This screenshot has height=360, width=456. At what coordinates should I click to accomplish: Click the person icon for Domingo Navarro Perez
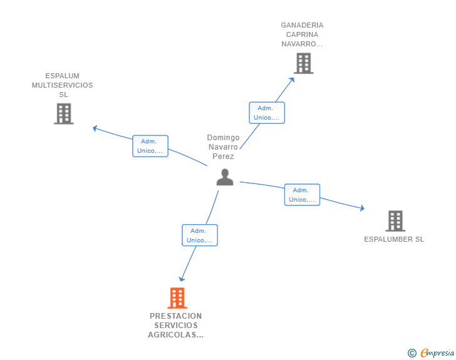click(224, 177)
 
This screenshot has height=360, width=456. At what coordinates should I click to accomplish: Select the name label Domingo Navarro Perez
click(223, 147)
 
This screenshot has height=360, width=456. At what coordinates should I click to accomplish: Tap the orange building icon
click(177, 298)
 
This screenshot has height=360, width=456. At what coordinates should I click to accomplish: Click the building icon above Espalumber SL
click(395, 221)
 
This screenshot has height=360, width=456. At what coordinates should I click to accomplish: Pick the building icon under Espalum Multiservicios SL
click(63, 114)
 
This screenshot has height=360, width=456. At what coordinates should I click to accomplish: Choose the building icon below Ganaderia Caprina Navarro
click(303, 63)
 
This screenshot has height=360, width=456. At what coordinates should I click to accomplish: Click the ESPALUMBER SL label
click(394, 239)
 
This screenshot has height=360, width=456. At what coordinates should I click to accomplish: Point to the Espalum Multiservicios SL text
click(63, 85)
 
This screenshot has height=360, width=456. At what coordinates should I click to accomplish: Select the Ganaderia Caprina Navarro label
click(302, 34)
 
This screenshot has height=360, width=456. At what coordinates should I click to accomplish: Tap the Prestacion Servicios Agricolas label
click(175, 326)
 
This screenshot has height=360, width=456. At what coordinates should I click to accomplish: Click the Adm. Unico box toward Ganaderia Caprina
click(267, 113)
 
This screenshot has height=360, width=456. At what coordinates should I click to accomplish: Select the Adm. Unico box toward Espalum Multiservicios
click(150, 146)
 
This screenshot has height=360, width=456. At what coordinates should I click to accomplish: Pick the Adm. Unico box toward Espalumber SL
click(302, 195)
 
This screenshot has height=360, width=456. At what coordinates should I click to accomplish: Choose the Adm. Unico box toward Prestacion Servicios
click(200, 235)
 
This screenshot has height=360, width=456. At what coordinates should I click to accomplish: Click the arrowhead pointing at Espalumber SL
click(362, 208)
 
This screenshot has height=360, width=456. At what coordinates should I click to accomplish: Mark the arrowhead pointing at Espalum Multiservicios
click(95, 128)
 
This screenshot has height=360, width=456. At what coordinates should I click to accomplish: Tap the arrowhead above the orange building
click(182, 279)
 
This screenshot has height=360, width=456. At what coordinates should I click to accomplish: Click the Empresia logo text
click(437, 353)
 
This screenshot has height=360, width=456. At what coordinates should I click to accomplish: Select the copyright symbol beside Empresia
click(412, 353)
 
